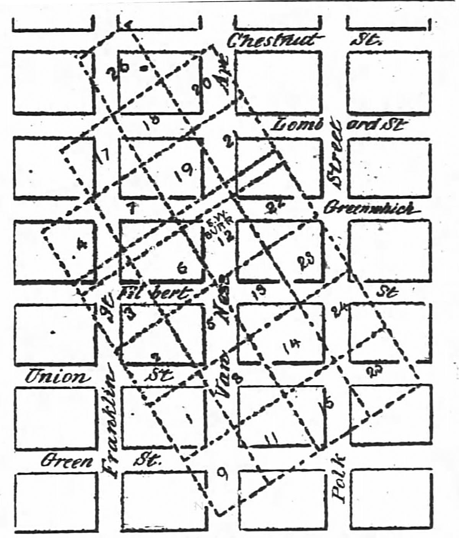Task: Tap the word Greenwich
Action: (369, 209)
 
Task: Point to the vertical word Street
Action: (337, 155)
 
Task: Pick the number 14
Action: (293, 346)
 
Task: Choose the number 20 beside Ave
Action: (200, 90)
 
